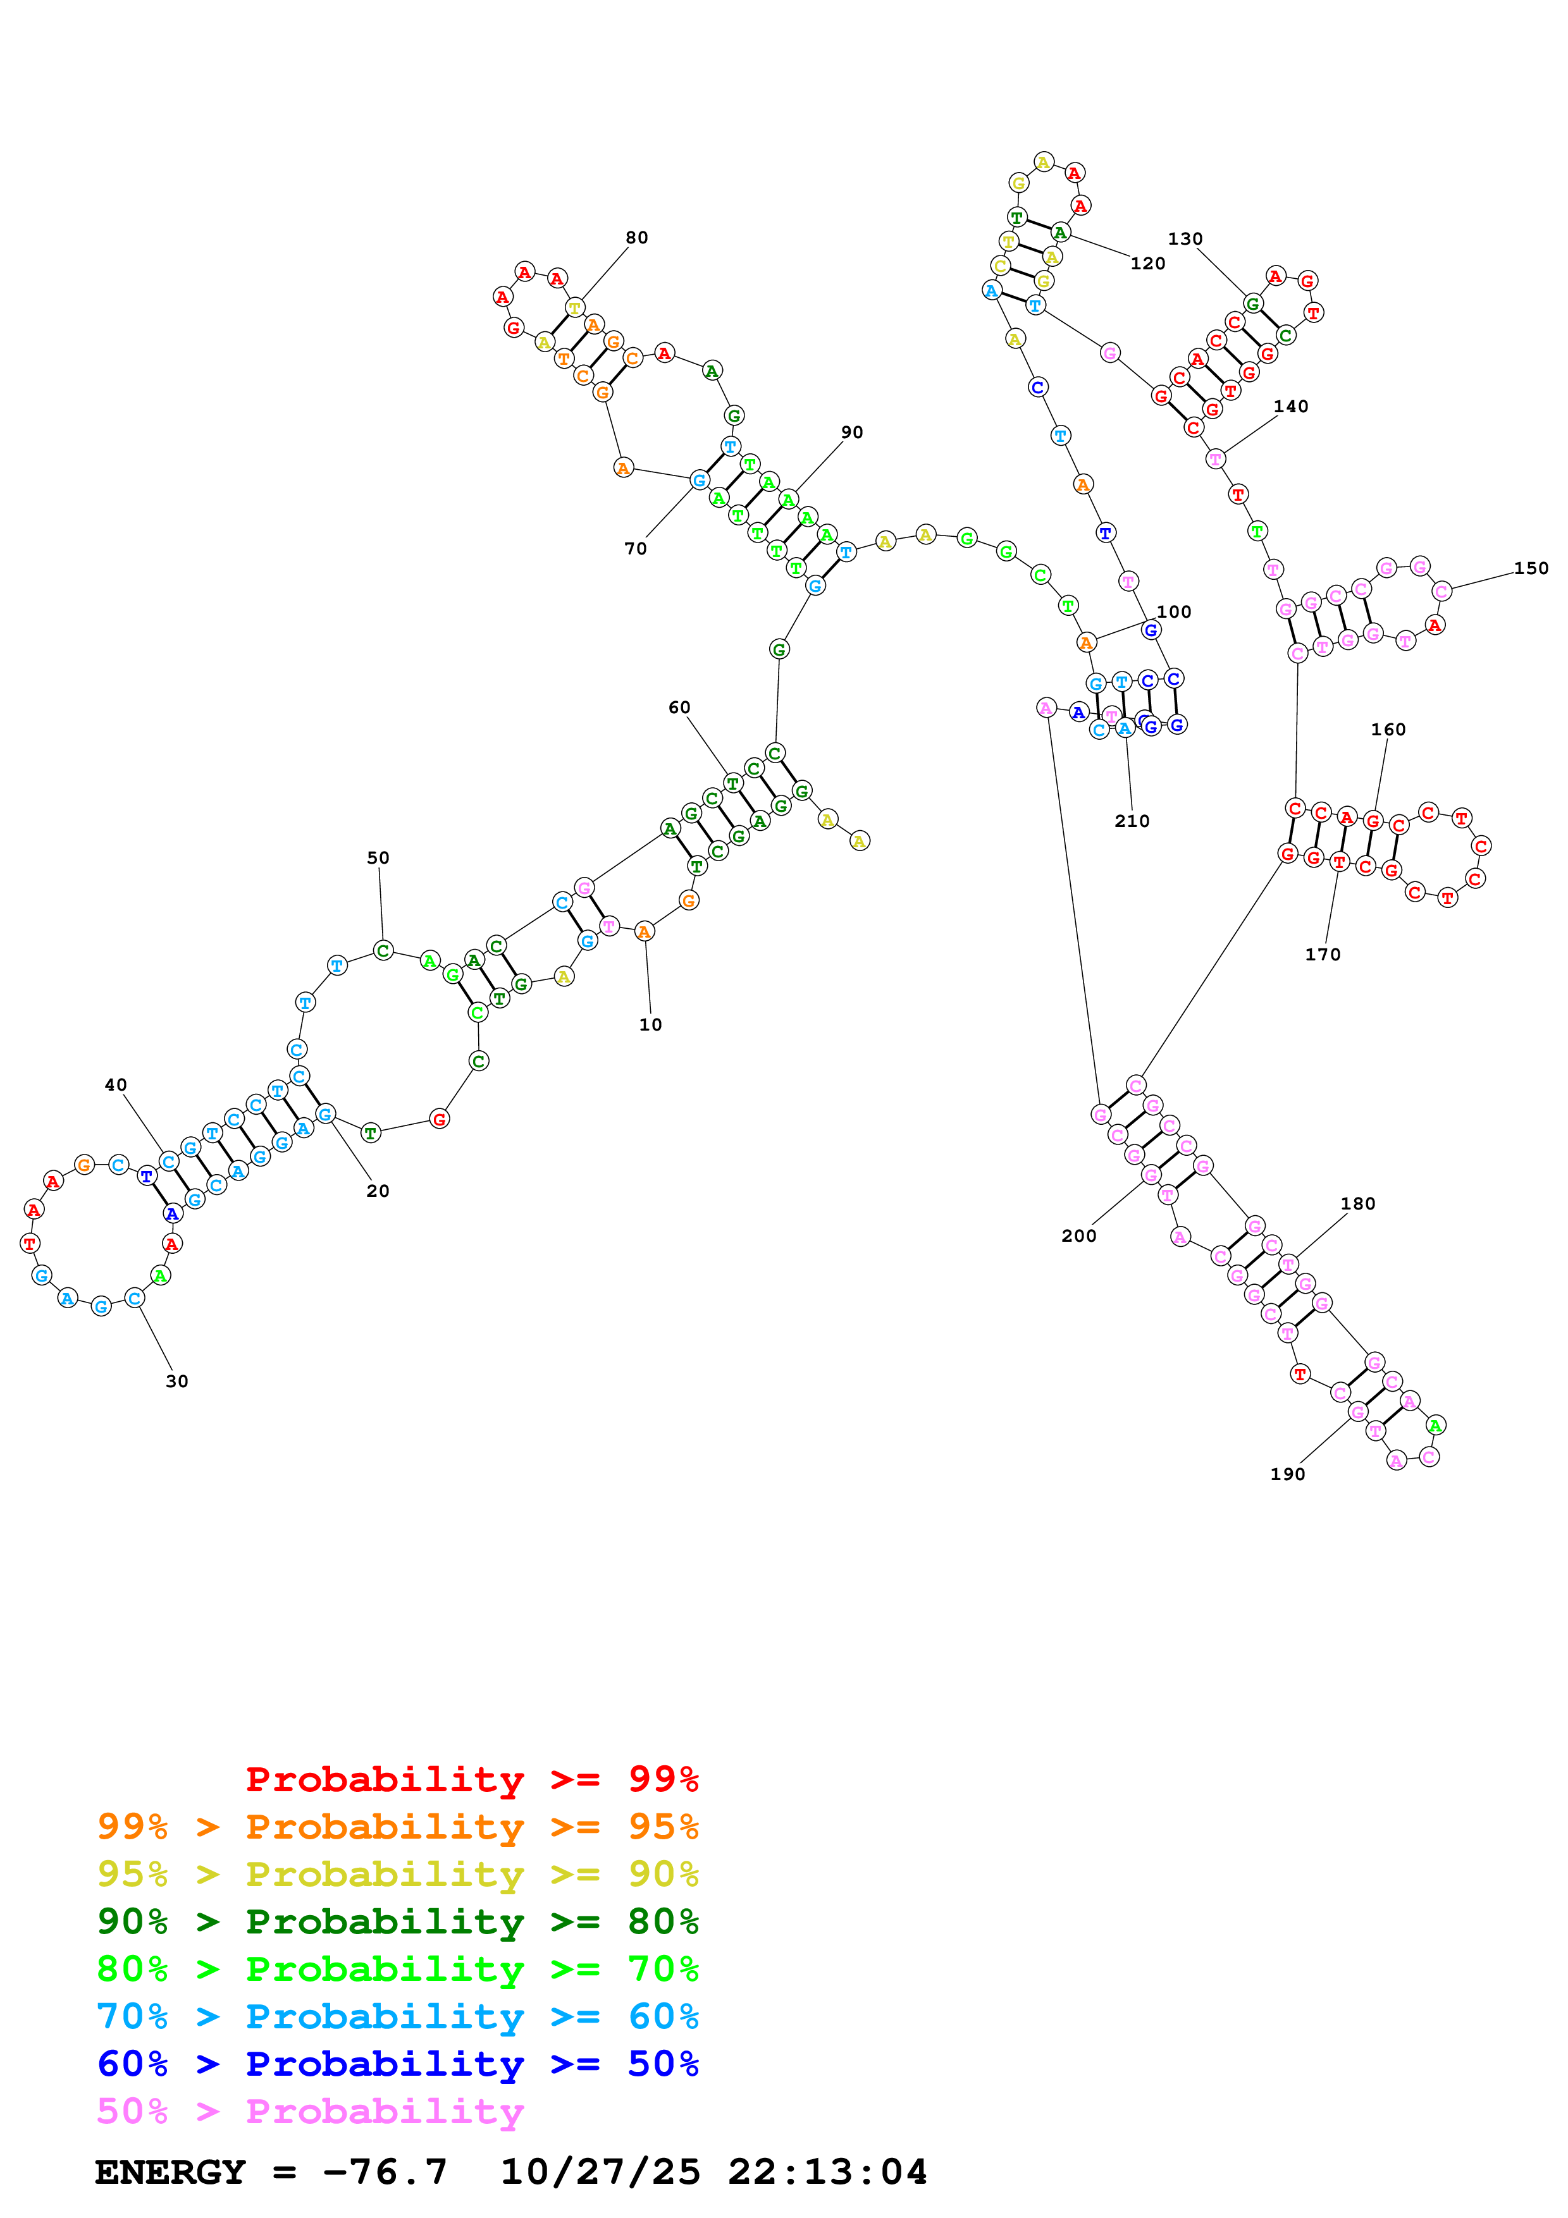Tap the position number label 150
pos(1530,568)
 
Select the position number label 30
pos(177,1382)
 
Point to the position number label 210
pos(1132,821)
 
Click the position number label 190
pos(1287,1474)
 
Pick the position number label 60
pos(679,707)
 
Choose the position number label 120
pos(1148,264)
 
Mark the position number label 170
pos(1323,955)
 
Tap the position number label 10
pos(650,1025)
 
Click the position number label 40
pos(116,1085)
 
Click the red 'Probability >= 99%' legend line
pos(471,1779)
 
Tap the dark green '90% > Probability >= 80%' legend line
pos(397,1921)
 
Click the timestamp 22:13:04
pos(827,2172)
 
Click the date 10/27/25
pos(600,2172)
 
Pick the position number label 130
pos(1185,238)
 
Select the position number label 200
pos(1078,1235)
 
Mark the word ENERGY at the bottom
pos(170,2172)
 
